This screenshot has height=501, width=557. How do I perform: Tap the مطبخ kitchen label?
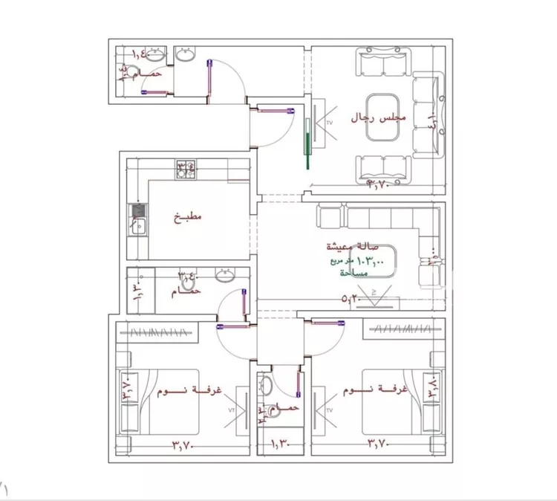(x=187, y=219)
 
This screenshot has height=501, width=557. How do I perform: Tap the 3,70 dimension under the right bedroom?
(x=380, y=445)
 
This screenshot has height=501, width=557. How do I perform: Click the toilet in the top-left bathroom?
(x=132, y=73)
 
